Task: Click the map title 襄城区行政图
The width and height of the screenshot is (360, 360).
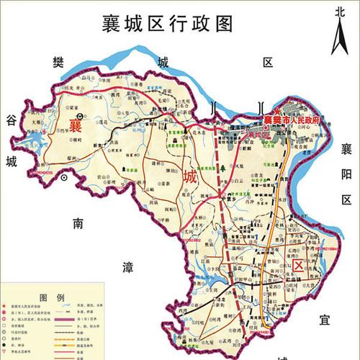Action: point(169,23)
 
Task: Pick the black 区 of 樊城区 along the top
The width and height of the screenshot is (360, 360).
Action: point(268,63)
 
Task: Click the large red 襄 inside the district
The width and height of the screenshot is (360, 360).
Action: point(76,125)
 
